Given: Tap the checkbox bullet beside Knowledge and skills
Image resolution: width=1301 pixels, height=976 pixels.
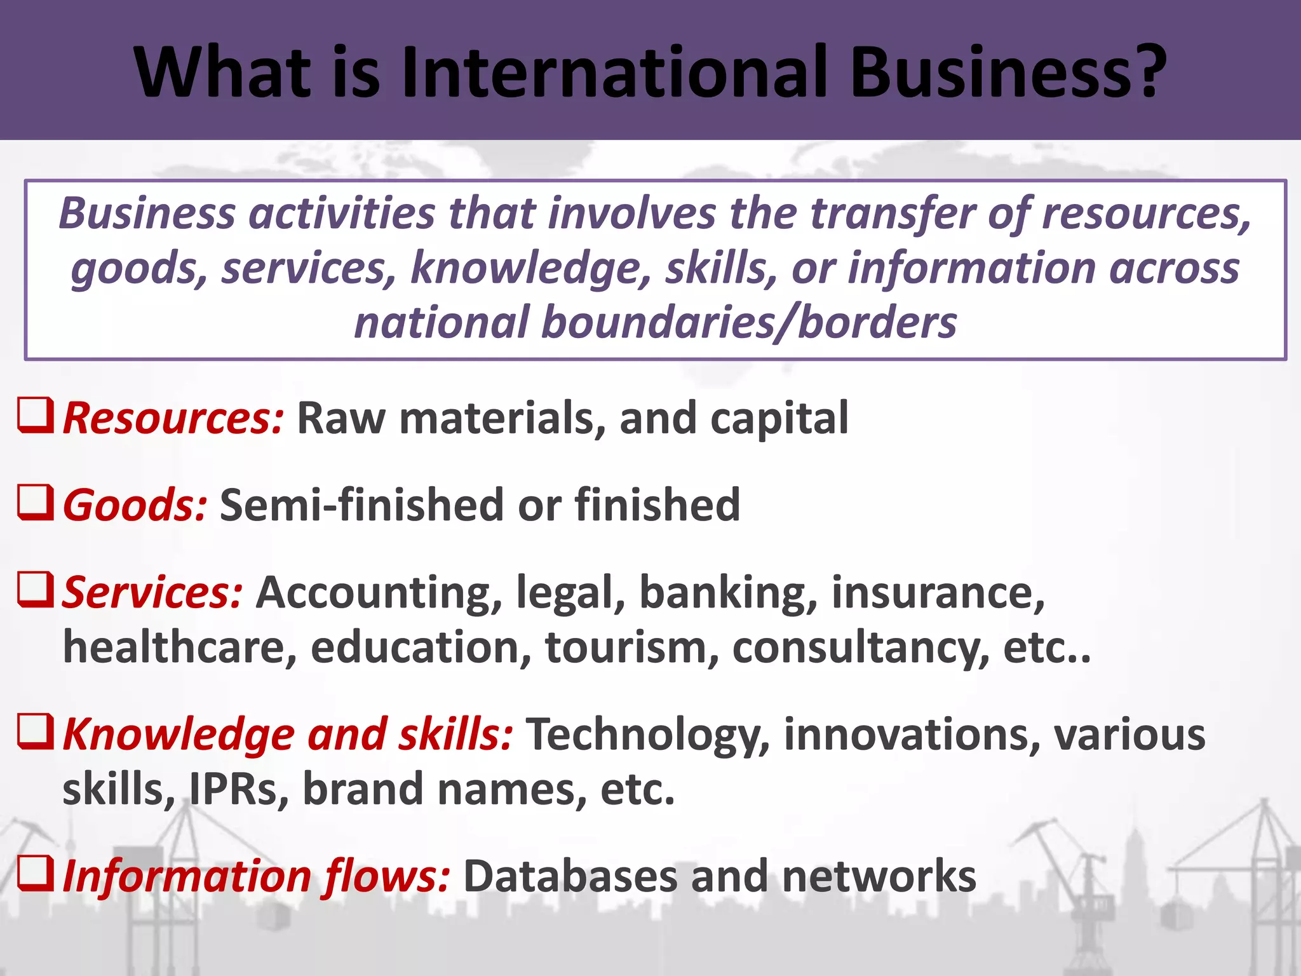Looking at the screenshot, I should point(35,731).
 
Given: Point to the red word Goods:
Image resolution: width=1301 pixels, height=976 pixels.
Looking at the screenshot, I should point(135,506).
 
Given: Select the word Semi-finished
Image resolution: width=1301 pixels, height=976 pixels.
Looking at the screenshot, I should point(361,506).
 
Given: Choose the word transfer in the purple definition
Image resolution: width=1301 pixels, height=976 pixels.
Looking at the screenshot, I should point(893,213).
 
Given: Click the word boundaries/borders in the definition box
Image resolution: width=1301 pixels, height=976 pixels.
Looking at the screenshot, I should point(748,323).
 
